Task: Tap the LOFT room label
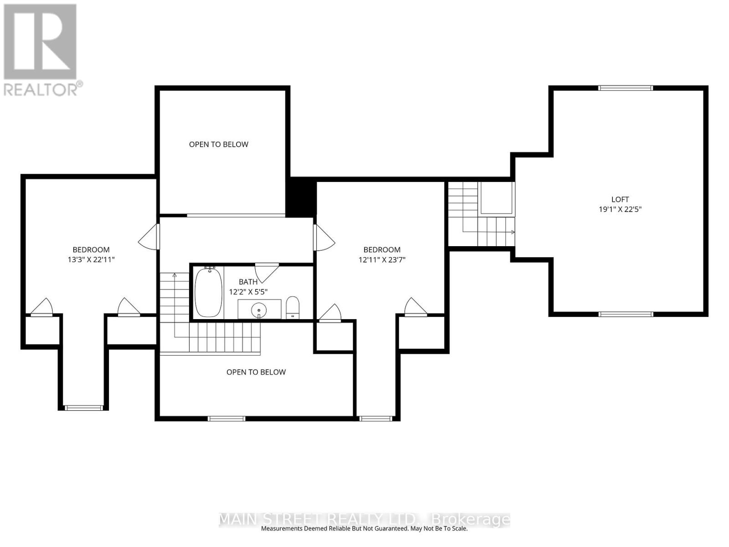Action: [x=620, y=199]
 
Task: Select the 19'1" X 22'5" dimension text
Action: [x=620, y=210]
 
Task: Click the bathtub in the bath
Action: [x=208, y=292]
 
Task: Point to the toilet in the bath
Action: [x=293, y=307]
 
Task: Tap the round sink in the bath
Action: [x=259, y=310]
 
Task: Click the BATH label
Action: [x=248, y=282]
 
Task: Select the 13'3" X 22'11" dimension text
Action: [x=91, y=260]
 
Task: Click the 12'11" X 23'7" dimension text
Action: [x=382, y=260]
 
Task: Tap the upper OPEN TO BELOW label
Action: [x=219, y=144]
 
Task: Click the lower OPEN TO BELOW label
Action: [x=256, y=372]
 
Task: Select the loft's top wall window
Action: [x=626, y=88]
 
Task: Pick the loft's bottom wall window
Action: [x=626, y=314]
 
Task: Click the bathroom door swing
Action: [x=267, y=271]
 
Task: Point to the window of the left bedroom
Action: [x=84, y=408]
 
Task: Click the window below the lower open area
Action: [x=226, y=418]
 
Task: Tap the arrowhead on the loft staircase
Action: [x=513, y=232]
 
